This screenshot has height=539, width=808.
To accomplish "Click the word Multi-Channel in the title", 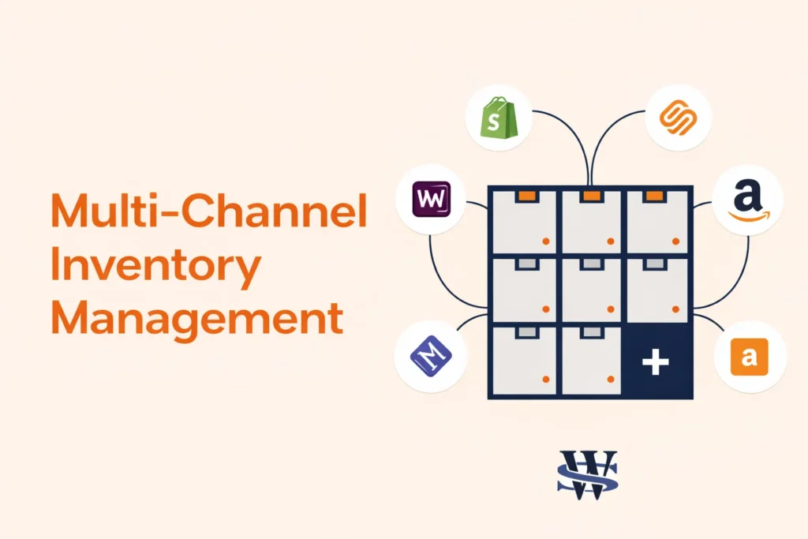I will pyautogui.click(x=208, y=211).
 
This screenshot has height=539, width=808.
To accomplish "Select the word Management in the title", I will pyautogui.click(x=196, y=319).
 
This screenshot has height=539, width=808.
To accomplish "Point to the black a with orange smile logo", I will pyautogui.click(x=747, y=200).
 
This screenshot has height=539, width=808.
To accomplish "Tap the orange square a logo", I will pyautogui.click(x=750, y=357).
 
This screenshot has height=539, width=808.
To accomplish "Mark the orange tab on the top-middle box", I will pyautogui.click(x=589, y=195).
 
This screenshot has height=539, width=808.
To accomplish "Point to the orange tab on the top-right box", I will pyautogui.click(x=654, y=195).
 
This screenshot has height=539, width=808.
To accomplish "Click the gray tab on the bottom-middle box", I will pyautogui.click(x=589, y=335).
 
